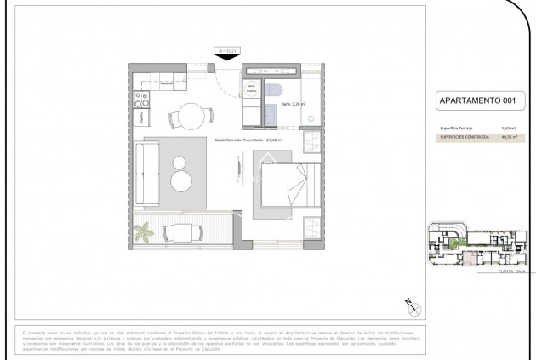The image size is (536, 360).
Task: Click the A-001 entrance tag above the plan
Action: point(226,51)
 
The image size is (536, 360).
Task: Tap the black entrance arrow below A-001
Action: point(226,58)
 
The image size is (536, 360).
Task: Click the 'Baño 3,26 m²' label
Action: point(294,105)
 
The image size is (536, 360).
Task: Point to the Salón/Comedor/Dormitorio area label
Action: point(247,140)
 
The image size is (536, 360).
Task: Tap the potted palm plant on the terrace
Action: point(144,231)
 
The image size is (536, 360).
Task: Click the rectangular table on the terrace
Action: point(182,231)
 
